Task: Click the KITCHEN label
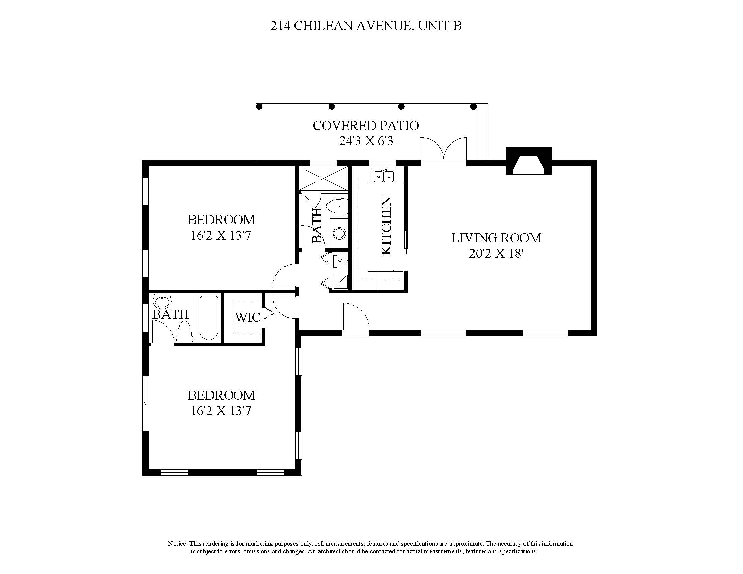click(x=386, y=226)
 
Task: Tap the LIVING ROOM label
click(x=496, y=238)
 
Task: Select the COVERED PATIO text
click(x=366, y=126)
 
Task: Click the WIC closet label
click(x=248, y=317)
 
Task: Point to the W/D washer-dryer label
click(x=342, y=261)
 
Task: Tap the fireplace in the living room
click(x=528, y=161)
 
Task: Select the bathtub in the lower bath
click(x=208, y=318)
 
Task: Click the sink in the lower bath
click(x=162, y=301)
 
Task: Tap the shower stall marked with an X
click(x=323, y=178)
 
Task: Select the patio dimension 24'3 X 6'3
click(x=366, y=141)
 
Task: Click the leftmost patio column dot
click(x=259, y=107)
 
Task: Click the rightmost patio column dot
click(x=473, y=107)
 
